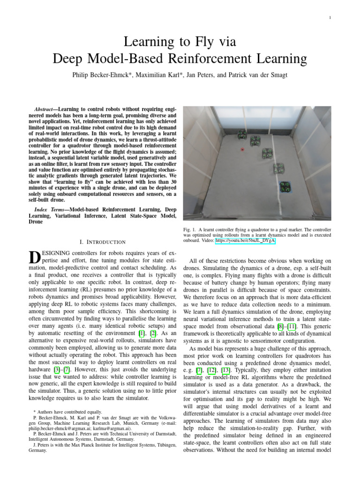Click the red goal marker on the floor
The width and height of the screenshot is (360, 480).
[242, 150]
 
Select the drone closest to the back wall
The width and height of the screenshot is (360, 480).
[242, 135]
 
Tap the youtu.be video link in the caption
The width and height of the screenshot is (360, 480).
[245, 241]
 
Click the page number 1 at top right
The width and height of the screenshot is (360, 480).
[330, 18]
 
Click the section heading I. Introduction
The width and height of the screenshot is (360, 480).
[102, 242]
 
